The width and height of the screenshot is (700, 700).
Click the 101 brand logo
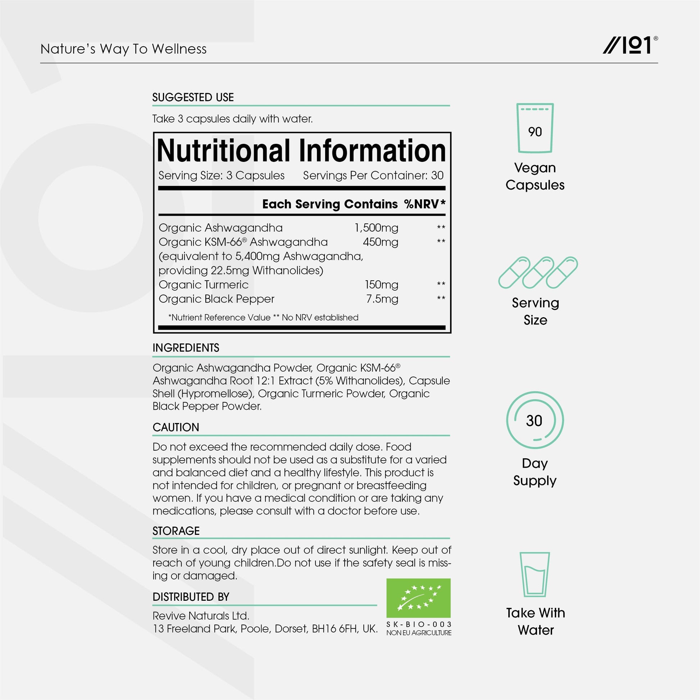(630, 45)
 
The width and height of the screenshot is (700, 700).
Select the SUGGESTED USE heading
(193, 97)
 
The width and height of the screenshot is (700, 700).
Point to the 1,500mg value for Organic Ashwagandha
(376, 228)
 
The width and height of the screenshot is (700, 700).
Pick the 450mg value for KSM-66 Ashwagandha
(381, 242)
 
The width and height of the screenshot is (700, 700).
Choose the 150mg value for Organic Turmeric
(382, 285)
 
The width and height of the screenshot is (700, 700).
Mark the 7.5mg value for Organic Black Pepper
(382, 299)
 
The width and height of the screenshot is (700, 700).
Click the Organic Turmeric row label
(204, 285)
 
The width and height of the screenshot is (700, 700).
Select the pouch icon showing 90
(535, 128)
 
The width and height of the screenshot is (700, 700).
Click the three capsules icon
(538, 272)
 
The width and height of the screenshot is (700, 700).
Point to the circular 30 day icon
(535, 420)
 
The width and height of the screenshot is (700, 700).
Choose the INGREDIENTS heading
(186, 348)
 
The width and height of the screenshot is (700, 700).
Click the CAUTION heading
(176, 427)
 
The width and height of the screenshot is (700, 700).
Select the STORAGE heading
(176, 531)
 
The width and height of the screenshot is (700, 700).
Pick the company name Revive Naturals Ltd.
(201, 615)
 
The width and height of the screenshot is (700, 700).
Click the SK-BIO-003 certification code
(419, 624)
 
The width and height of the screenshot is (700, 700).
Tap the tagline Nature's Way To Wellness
(123, 49)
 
